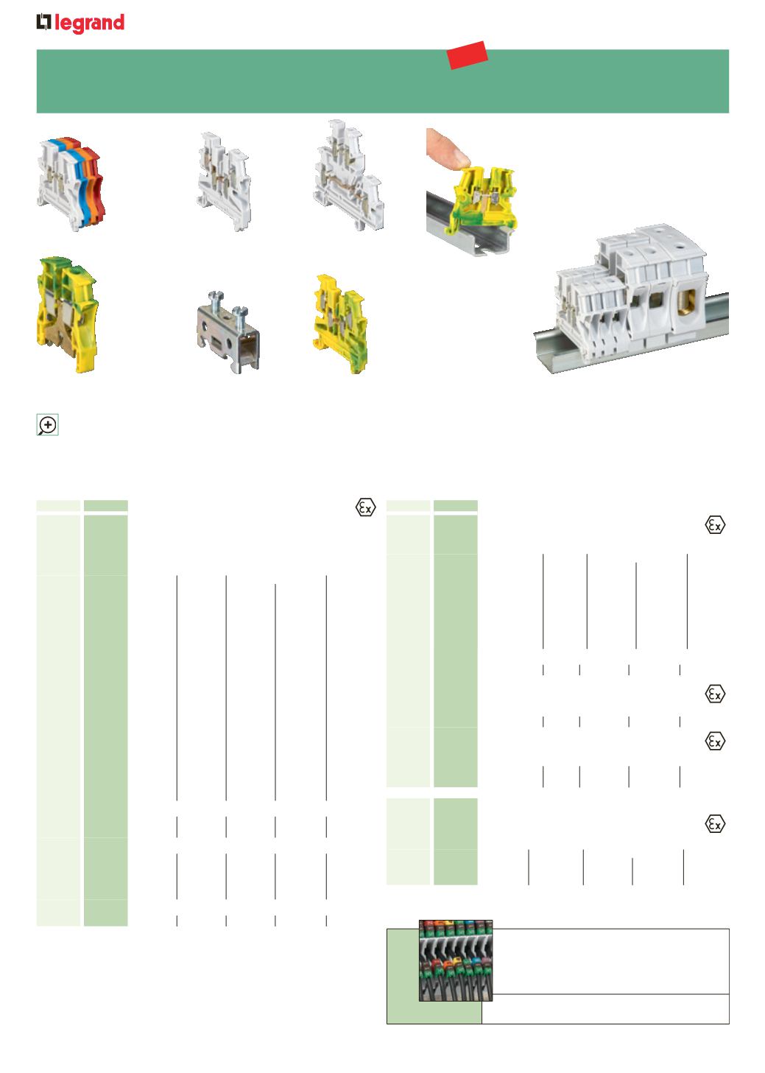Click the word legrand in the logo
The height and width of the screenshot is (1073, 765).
pos(89,23)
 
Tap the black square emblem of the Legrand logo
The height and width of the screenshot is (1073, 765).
pos(43,22)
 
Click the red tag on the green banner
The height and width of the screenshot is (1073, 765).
pos(467,55)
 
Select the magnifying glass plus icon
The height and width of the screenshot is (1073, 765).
pos(47,425)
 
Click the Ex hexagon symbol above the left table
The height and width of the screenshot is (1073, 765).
pos(365,507)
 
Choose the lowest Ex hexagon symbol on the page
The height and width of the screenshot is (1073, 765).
pos(715,824)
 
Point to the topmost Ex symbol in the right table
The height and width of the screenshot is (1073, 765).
pos(715,525)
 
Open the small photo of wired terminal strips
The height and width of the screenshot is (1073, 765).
pos(456,960)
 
